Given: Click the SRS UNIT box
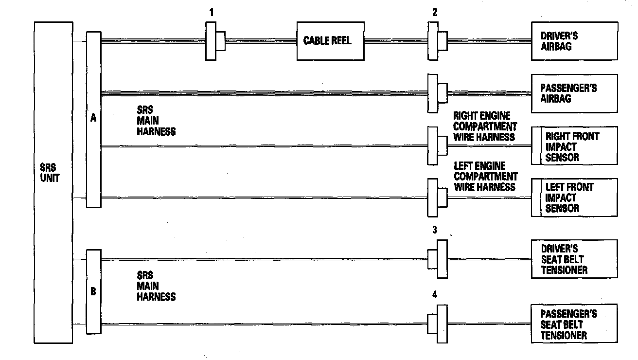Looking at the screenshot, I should pos(53,182).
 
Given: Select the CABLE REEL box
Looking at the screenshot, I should pos(331,41).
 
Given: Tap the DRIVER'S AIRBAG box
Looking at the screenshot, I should pos(574,41).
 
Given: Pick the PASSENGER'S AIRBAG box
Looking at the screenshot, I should pos(574,93).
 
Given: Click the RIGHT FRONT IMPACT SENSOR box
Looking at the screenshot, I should pos(574,146).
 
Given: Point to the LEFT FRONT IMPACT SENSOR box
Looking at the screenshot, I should pos(574,198).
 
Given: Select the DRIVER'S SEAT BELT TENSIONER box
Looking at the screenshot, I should pos(574,259).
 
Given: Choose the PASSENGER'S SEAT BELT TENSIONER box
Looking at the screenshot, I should pos(574,324).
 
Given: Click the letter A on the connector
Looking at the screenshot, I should pos(93,118).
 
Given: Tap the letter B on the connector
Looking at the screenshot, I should pos(93,292).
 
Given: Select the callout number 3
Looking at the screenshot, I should pos(435,230).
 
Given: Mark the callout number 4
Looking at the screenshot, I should pos(435,294).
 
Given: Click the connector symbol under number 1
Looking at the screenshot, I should pos(215,41).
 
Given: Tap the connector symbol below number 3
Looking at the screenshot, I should pos(438,259).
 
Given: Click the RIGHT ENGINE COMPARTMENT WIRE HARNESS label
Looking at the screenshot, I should pos(484,126).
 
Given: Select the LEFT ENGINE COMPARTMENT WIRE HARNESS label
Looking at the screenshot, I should pos(485,177).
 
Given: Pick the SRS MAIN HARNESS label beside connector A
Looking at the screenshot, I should pos(156,121).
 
